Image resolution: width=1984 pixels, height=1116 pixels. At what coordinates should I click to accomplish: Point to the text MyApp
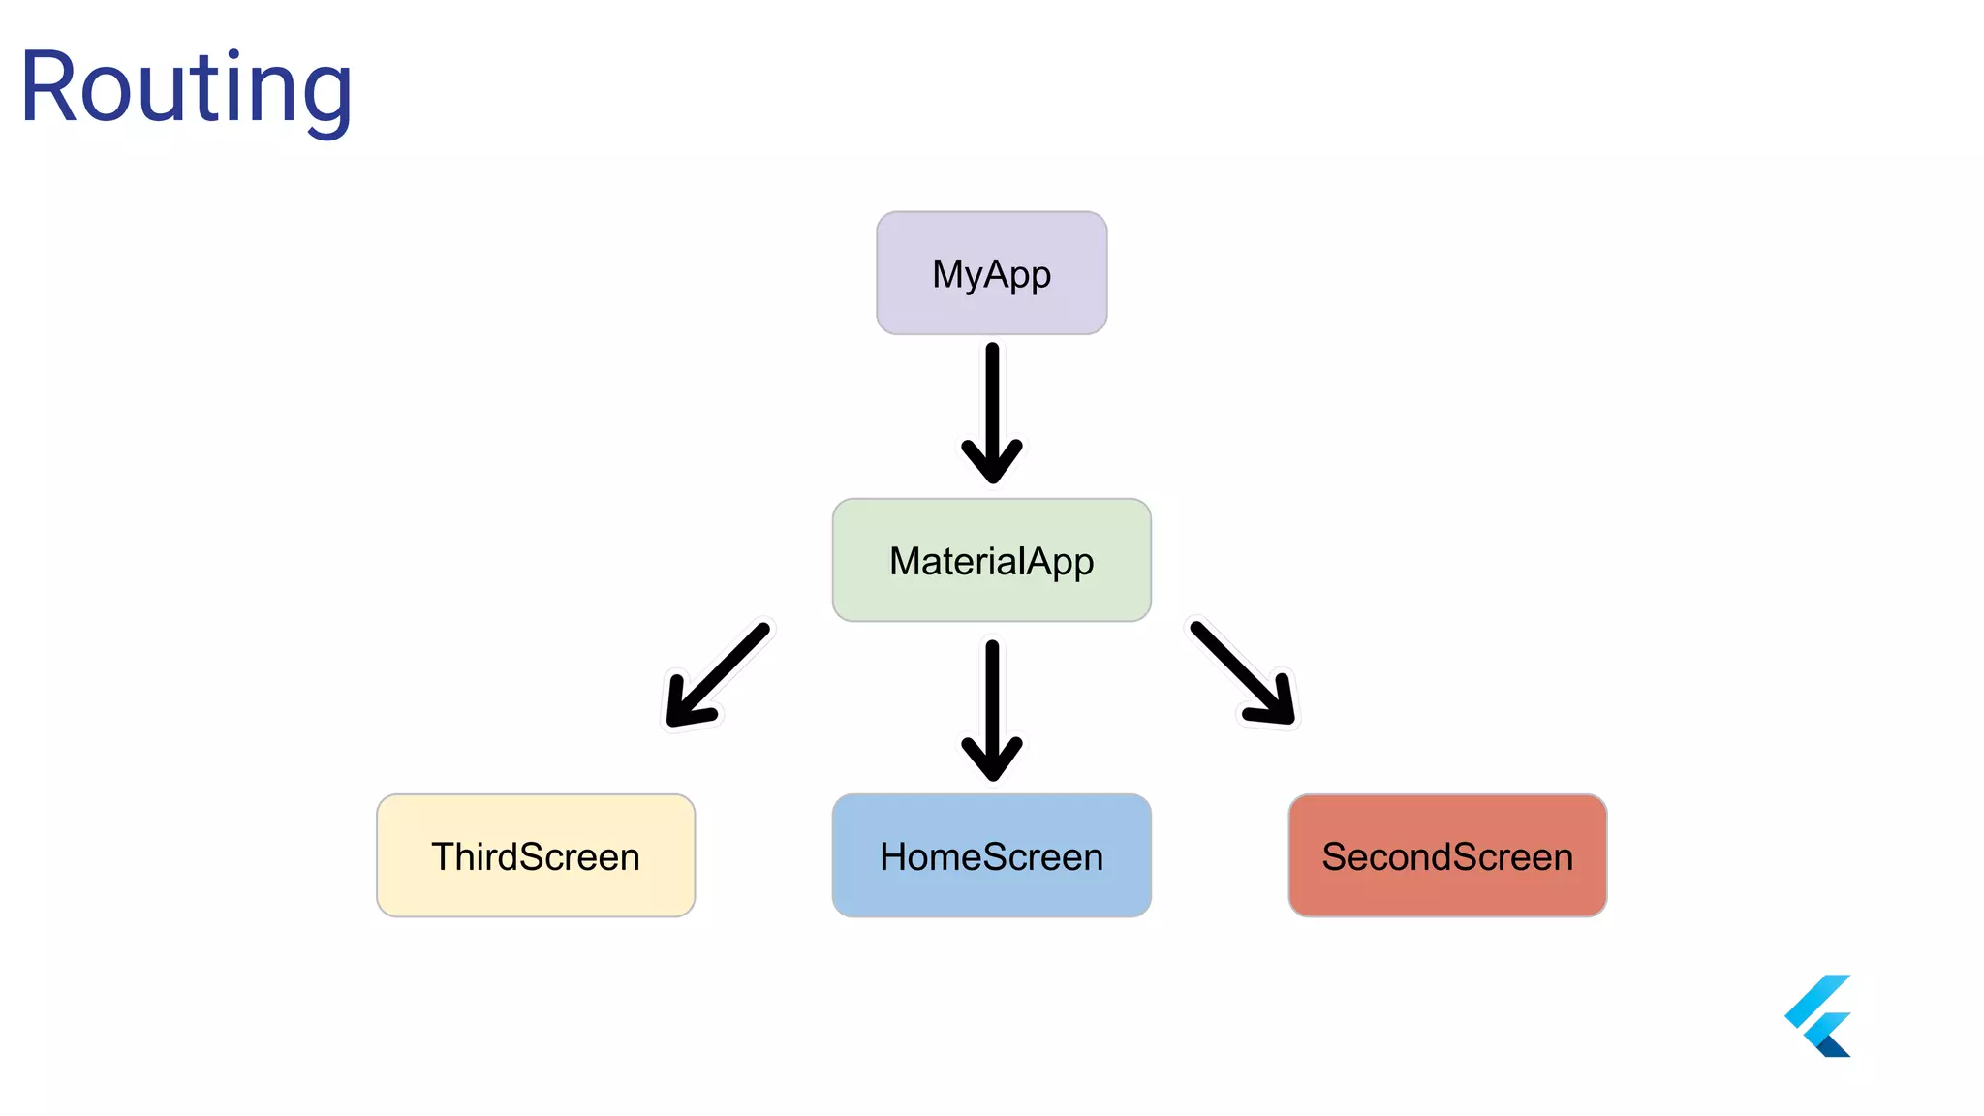tap(991, 274)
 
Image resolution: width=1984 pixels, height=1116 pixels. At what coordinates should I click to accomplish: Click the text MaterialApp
tap(991, 562)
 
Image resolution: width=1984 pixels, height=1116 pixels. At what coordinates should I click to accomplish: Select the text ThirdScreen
tap(535, 857)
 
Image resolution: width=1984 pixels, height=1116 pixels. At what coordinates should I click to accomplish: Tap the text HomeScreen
tap(991, 857)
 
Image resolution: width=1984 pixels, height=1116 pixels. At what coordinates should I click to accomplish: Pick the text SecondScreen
tap(1446, 857)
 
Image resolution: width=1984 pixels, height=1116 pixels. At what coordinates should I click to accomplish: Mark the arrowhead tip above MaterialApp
tap(992, 480)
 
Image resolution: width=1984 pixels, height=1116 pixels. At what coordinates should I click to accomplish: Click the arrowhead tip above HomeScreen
tap(992, 777)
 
